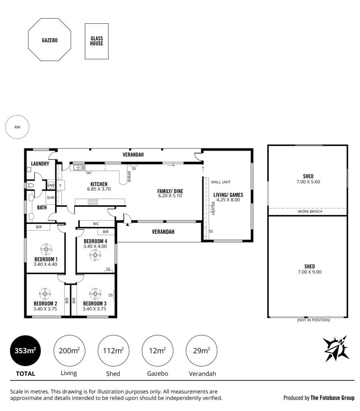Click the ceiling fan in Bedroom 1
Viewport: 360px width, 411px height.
[x=46, y=249]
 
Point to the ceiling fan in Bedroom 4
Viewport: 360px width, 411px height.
[x=95, y=255]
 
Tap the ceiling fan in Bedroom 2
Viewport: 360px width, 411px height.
[x=45, y=294]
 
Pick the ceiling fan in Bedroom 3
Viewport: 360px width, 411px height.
[x=95, y=294]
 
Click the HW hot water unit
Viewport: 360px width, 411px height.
[x=51, y=185]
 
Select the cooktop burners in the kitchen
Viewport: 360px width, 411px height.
[x=93, y=202]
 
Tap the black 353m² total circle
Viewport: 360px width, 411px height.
[x=25, y=350]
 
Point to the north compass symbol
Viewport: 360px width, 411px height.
[x=336, y=348]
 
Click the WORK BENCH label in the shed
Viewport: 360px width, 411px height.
[x=310, y=212]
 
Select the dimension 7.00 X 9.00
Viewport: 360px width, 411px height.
[x=310, y=272]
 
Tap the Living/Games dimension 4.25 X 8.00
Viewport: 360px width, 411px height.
[x=228, y=200]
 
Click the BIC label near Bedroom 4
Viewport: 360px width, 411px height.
[x=96, y=224]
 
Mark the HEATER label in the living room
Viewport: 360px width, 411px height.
[x=213, y=208]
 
